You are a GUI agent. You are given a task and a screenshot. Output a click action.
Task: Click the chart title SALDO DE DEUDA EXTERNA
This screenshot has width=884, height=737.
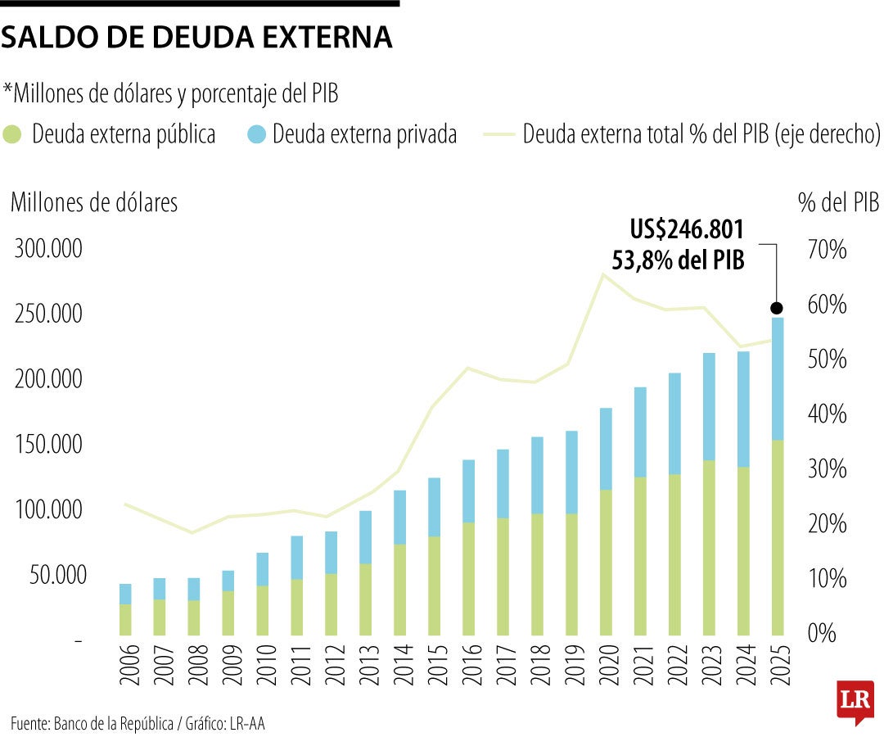point(196,38)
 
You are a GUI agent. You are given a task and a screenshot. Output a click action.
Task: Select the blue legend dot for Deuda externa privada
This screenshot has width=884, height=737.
point(255,134)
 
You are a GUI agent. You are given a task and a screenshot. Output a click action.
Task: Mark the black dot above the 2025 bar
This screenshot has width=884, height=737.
point(777,308)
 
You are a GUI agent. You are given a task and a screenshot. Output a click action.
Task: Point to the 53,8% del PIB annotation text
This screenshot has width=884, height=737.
point(678,260)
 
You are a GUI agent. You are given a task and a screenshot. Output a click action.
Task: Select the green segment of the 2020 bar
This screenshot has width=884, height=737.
point(607,562)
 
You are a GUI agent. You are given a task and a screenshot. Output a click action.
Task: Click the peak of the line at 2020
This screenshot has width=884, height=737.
point(604,274)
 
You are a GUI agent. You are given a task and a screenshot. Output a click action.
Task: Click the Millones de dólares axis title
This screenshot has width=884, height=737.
point(93,202)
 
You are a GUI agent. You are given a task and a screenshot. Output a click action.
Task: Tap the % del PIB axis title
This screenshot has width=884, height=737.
point(838,202)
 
